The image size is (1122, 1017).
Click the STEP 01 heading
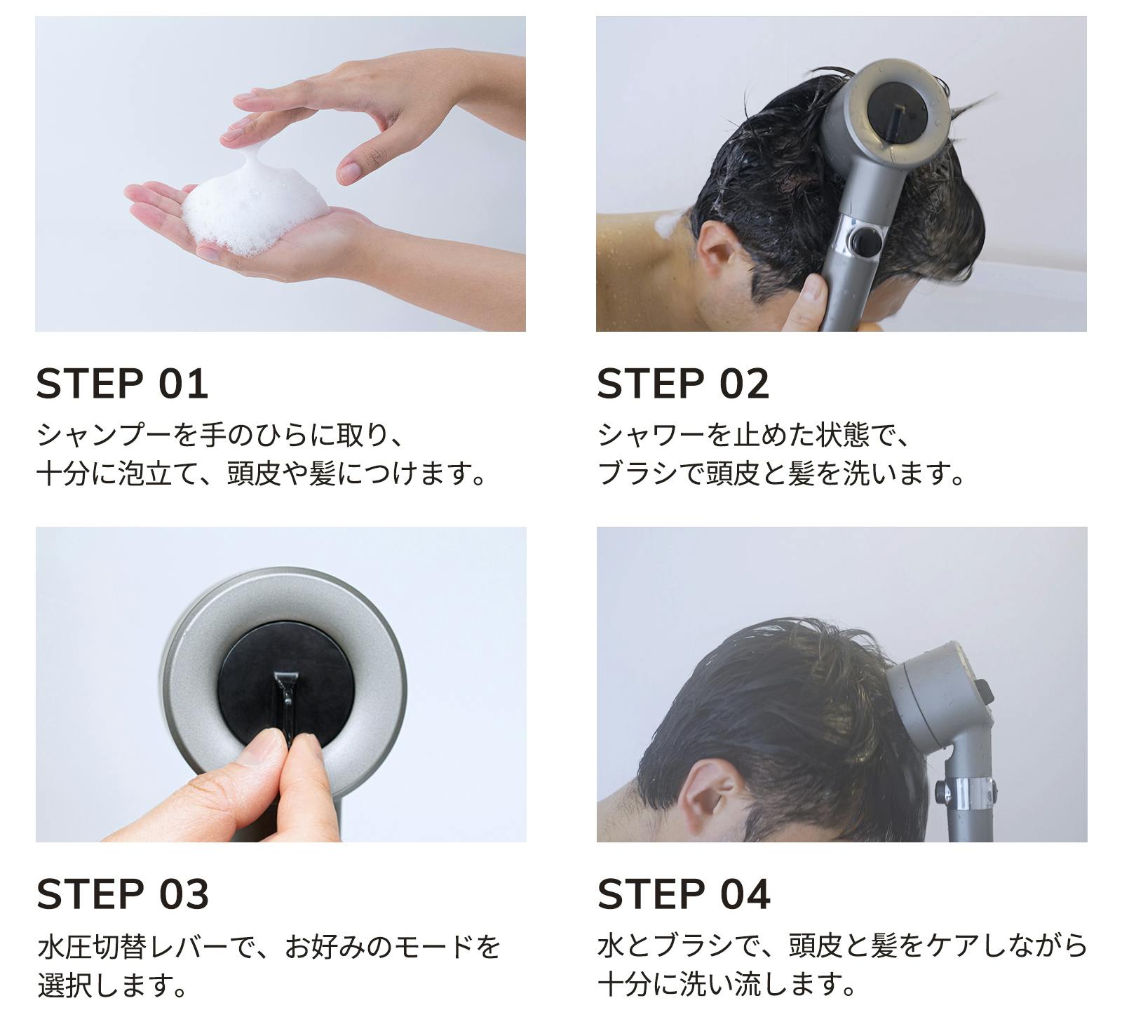122,384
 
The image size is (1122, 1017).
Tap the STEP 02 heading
683,384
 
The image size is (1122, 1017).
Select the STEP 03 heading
123,894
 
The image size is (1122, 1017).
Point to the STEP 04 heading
684,894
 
